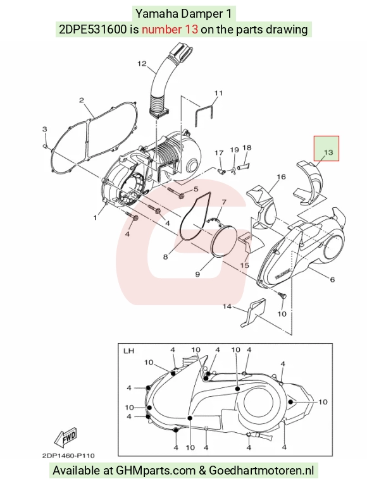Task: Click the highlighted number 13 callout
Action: [x=328, y=152]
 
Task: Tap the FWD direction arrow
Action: [x=66, y=438]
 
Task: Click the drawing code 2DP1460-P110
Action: [x=68, y=456]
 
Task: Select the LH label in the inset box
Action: [x=128, y=351]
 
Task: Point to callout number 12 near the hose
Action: [x=142, y=64]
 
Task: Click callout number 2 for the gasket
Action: [x=82, y=100]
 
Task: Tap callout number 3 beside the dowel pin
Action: [x=44, y=129]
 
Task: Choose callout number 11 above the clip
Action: [x=218, y=93]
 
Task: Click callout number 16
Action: [x=281, y=177]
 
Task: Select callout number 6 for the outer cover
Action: [x=332, y=279]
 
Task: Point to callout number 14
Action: [x=227, y=306]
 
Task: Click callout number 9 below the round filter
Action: [x=197, y=274]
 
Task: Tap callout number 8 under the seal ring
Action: [x=165, y=257]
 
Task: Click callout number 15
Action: [x=245, y=265]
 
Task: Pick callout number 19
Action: [x=235, y=150]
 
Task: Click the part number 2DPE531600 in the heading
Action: [x=92, y=29]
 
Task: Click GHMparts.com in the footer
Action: [x=156, y=471]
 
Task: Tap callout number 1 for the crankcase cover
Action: [x=95, y=217]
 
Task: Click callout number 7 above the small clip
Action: [x=224, y=202]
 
